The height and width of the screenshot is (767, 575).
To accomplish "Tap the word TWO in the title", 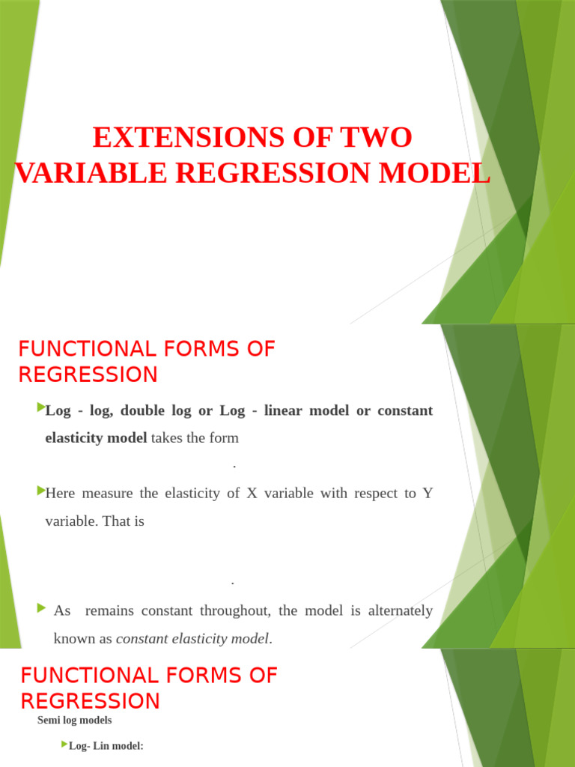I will [x=377, y=138].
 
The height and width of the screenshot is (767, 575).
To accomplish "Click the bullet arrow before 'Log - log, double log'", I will [x=40, y=408].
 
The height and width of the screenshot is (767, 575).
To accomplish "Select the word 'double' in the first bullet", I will [x=144, y=411].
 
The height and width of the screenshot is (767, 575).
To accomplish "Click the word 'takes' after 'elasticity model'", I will [x=166, y=438].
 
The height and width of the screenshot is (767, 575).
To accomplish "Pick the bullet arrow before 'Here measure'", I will [x=40, y=491].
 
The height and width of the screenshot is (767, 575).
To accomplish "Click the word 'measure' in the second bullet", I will [x=107, y=494].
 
